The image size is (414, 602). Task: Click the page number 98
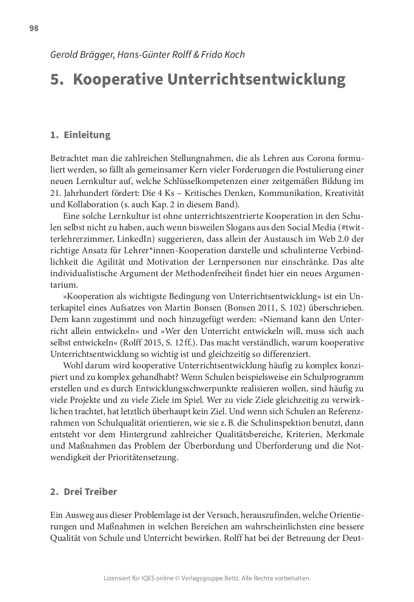click(34, 28)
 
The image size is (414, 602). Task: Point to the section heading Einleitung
click(87, 135)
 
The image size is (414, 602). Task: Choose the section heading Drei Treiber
click(90, 492)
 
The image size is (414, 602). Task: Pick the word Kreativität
click(344, 193)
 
